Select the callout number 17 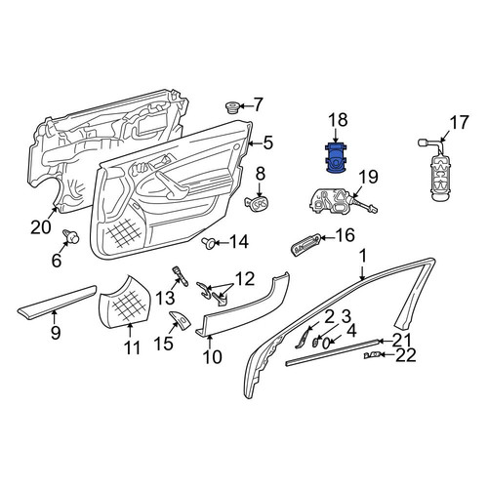tap(460, 124)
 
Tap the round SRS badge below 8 tap(258, 203)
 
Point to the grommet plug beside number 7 tap(232, 107)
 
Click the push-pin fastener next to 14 tap(208, 243)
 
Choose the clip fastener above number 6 tap(71, 236)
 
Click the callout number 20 tap(41, 227)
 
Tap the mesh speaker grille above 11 tap(125, 301)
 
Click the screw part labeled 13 tap(181, 276)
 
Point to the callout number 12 tap(245, 279)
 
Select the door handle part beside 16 tap(305, 244)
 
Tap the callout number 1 tap(363, 256)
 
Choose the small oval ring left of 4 tap(326, 343)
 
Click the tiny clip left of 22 tap(372, 355)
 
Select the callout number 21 tap(402, 341)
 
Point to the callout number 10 tap(212, 356)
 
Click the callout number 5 tap(267, 142)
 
